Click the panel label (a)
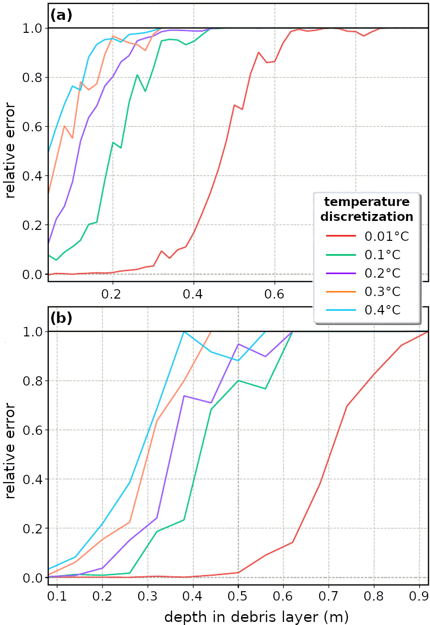(61, 15)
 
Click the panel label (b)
(61, 318)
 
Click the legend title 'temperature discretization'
(367, 209)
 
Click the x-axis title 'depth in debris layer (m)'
(256, 617)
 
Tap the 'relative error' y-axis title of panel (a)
(10, 149)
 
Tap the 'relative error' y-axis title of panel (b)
(10, 453)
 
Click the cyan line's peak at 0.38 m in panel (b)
(184, 332)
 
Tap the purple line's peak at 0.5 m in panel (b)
(238, 344)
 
